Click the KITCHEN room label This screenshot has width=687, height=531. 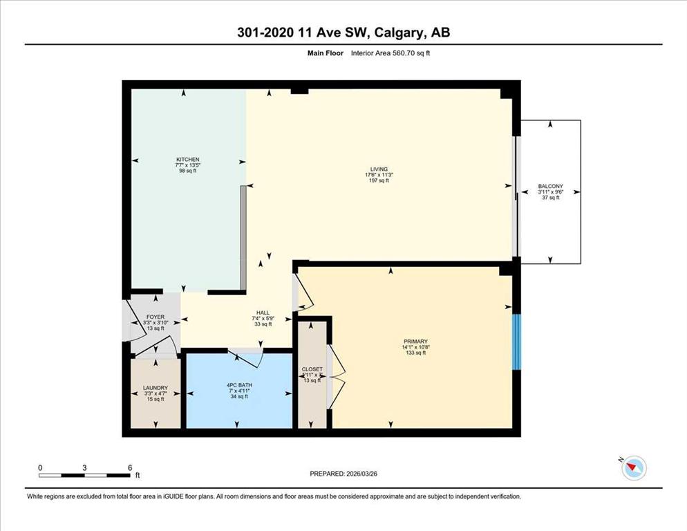tap(187, 160)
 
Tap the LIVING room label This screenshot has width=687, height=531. tap(378, 169)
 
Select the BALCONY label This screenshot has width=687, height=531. tap(550, 186)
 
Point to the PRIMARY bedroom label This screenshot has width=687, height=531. tap(416, 342)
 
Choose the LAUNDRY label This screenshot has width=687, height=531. tap(156, 388)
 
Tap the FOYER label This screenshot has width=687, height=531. tap(156, 317)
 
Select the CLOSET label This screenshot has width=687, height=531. tap(312, 369)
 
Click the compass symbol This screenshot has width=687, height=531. tap(633, 469)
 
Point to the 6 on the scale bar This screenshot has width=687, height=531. tap(130, 468)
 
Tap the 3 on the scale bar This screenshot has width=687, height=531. tap(84, 468)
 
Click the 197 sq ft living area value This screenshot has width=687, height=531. tap(378, 181)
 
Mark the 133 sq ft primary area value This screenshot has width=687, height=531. tap(416, 353)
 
